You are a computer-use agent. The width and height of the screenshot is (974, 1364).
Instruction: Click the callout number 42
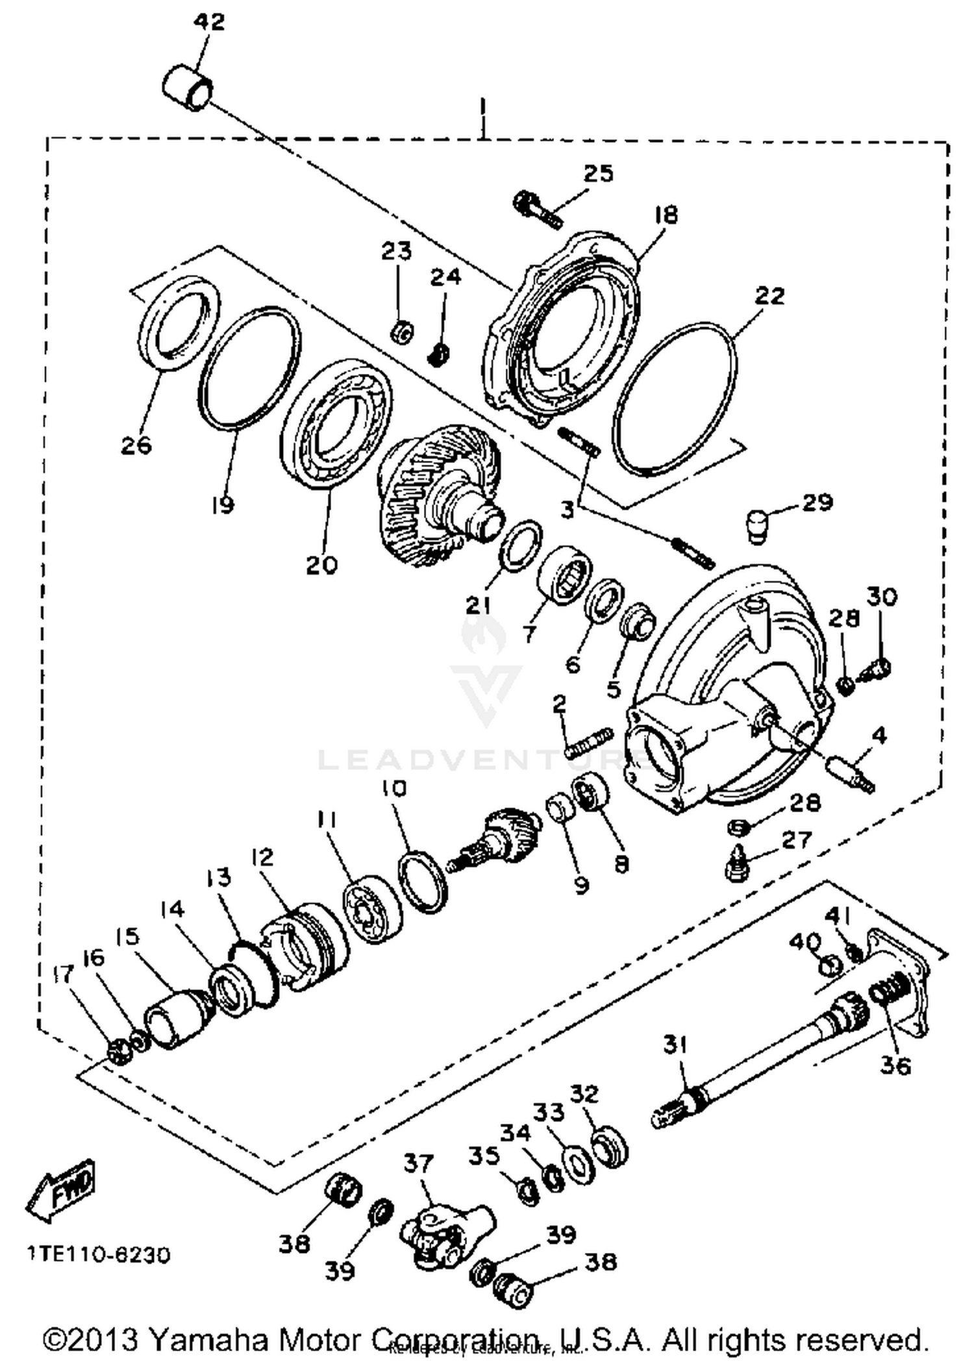(x=209, y=22)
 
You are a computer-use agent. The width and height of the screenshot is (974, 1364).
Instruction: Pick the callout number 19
(x=222, y=505)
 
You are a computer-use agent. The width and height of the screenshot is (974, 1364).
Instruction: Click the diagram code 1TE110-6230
(x=99, y=1255)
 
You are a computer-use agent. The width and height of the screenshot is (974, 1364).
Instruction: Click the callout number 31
(x=675, y=1045)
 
